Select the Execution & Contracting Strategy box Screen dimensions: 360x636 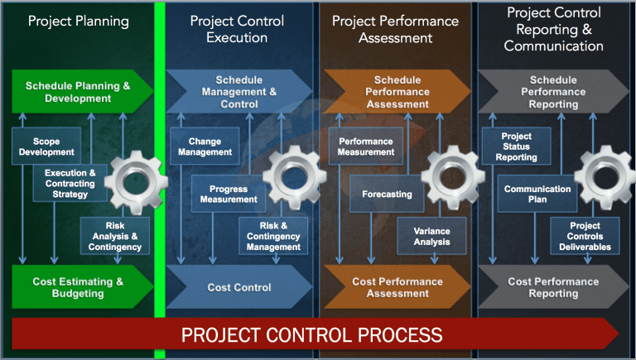[x=70, y=184]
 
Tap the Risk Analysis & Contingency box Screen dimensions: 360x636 [x=115, y=236]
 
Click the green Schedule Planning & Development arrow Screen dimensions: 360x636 [x=79, y=92]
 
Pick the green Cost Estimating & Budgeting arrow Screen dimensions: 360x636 [x=79, y=286]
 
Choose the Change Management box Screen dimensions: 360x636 [x=205, y=146]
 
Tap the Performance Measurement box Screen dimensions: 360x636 [x=365, y=146]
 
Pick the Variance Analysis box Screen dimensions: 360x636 [x=432, y=236]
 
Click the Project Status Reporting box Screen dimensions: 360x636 [x=517, y=146]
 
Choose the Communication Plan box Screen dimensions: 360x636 [x=537, y=194]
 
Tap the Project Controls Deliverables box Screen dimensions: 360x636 [x=590, y=236]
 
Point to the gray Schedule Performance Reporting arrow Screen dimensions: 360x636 [x=552, y=92]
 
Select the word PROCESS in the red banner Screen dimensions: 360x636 [x=392, y=335]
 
